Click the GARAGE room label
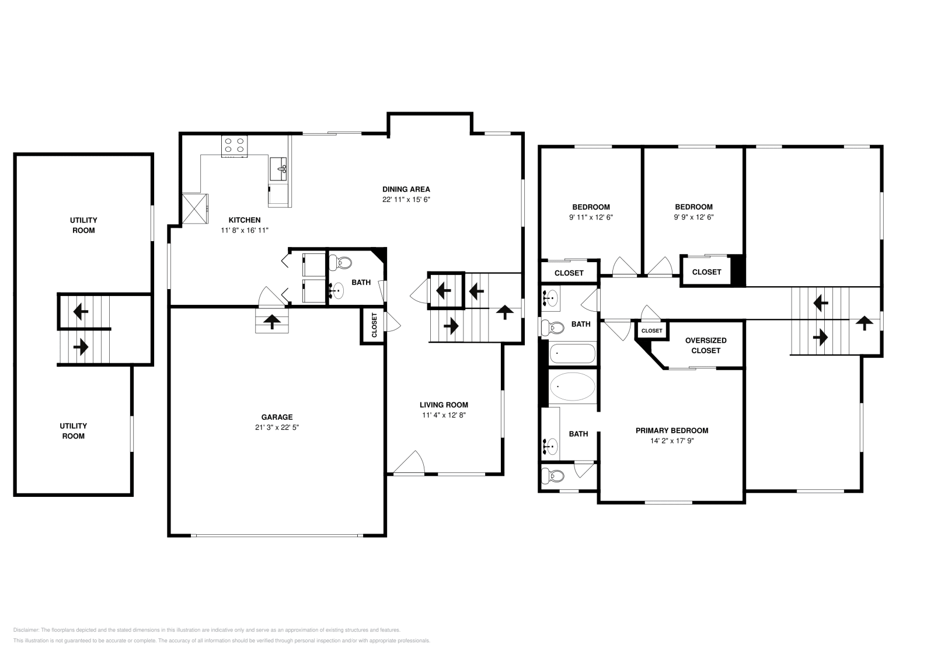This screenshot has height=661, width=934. click(277, 416)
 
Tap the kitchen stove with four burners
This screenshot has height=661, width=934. click(234, 146)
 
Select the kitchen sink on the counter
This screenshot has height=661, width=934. click(278, 169)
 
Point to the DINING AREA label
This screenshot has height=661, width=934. click(406, 189)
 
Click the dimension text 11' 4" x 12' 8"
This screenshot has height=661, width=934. click(444, 415)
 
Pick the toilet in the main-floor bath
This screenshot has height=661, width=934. click(340, 263)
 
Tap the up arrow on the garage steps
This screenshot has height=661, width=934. click(272, 322)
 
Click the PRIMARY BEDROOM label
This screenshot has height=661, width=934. click(672, 430)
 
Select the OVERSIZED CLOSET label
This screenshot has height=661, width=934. click(706, 345)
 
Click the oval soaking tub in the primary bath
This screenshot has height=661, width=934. click(573, 387)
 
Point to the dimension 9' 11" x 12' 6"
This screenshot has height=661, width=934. click(591, 217)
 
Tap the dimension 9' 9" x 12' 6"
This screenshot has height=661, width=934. click(694, 217)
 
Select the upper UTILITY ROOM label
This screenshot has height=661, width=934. click(83, 225)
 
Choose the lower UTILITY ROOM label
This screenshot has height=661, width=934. click(74, 431)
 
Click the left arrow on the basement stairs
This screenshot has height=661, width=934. click(81, 311)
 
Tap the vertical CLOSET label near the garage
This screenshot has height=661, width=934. click(374, 325)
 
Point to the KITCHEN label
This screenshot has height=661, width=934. click(245, 220)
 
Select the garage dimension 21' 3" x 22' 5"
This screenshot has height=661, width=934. click(277, 427)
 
